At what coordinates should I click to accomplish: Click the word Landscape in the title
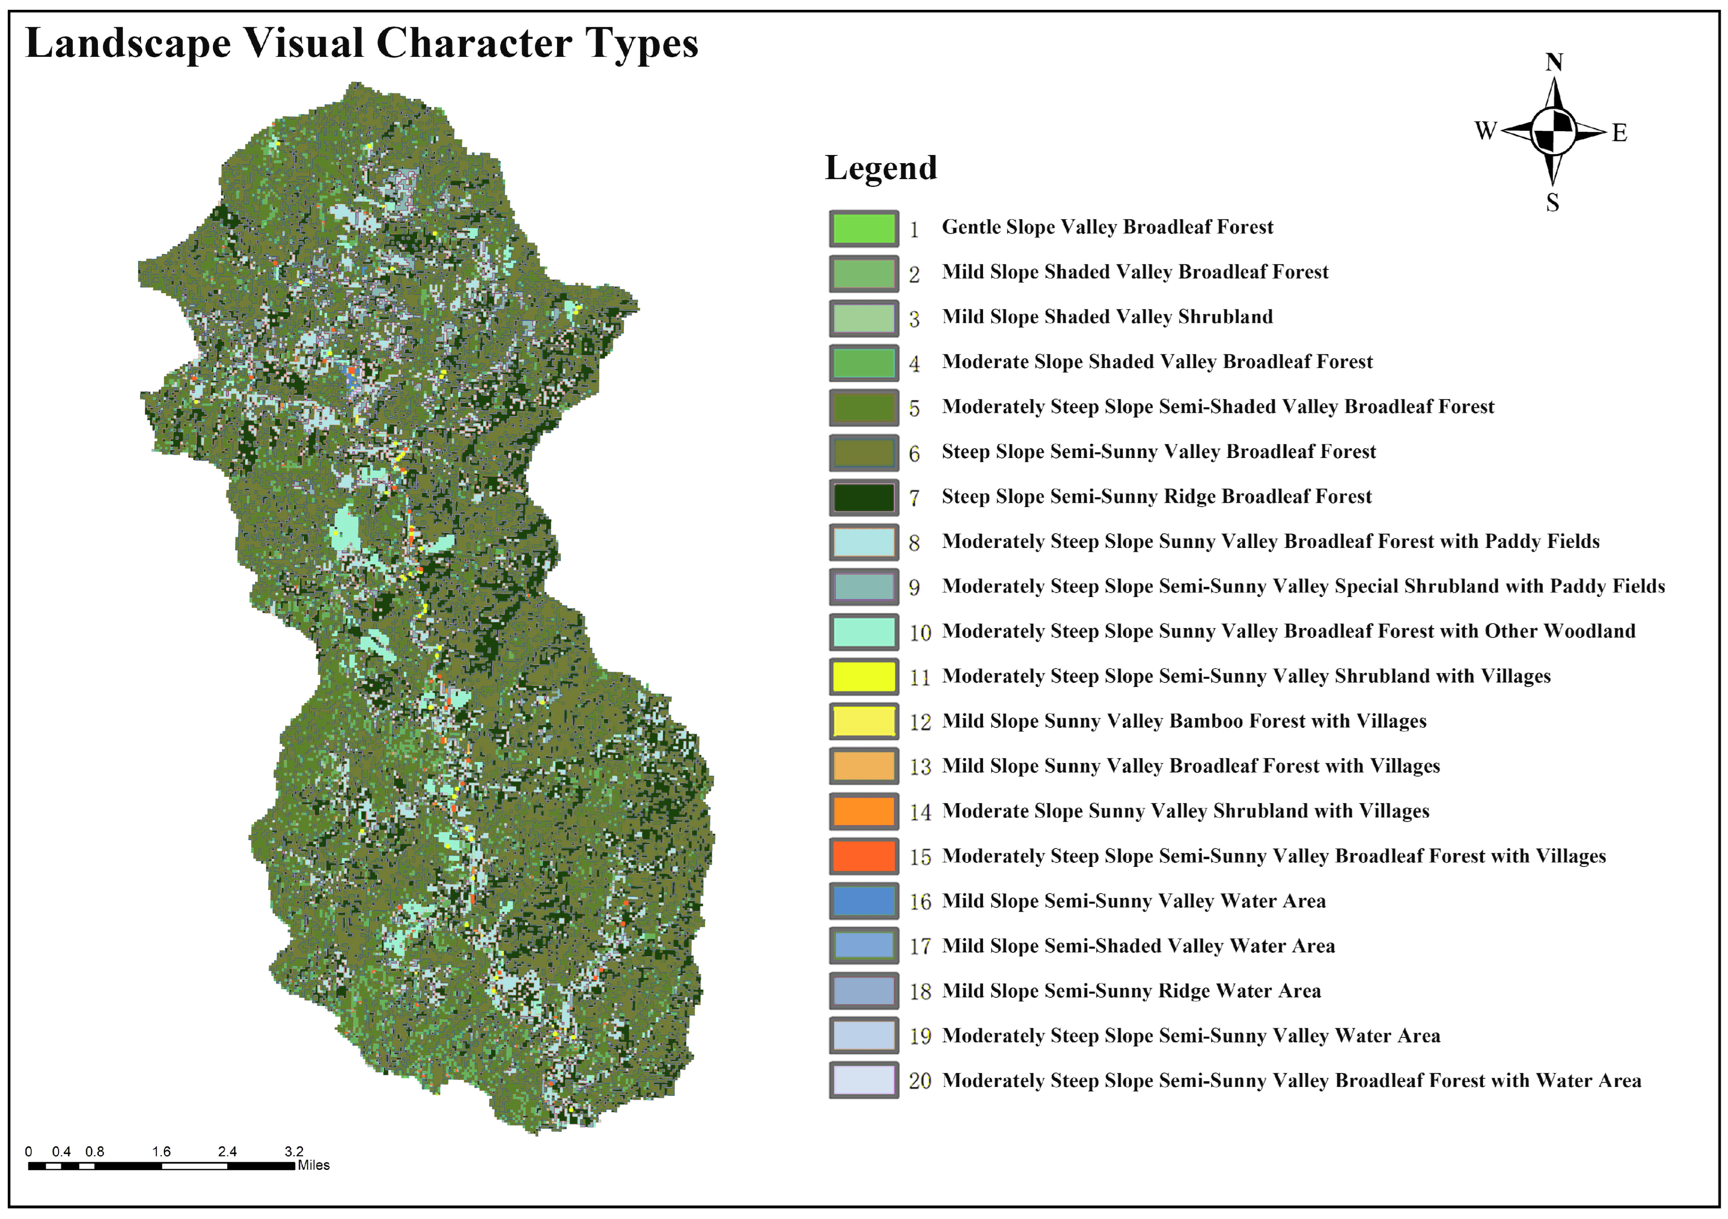click(128, 43)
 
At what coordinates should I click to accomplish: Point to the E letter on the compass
click(1619, 133)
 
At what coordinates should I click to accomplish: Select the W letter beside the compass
click(1485, 131)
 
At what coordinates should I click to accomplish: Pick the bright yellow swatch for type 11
click(863, 676)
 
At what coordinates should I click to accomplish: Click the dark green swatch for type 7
click(863, 497)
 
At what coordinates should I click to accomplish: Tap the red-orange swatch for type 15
click(863, 856)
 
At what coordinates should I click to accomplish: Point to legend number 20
click(920, 1081)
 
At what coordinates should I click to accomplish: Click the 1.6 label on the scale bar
click(161, 1151)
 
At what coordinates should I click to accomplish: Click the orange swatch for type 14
click(863, 811)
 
